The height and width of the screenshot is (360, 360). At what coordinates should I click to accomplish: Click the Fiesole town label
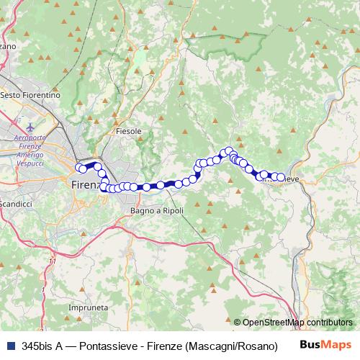(128, 132)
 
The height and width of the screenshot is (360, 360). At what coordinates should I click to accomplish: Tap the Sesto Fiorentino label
(30, 95)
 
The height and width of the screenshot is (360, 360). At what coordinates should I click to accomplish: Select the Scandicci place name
(16, 204)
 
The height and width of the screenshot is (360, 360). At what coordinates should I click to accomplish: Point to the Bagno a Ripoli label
(157, 210)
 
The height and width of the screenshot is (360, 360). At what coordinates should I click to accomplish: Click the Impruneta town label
(82, 307)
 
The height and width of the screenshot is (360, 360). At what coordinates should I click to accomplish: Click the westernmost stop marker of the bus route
(80, 168)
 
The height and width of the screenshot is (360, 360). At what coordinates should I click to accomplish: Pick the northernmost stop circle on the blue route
(230, 151)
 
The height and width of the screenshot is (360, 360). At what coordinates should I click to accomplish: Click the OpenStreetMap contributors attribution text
(297, 323)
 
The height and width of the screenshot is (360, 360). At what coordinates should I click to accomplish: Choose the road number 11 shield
(52, 261)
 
